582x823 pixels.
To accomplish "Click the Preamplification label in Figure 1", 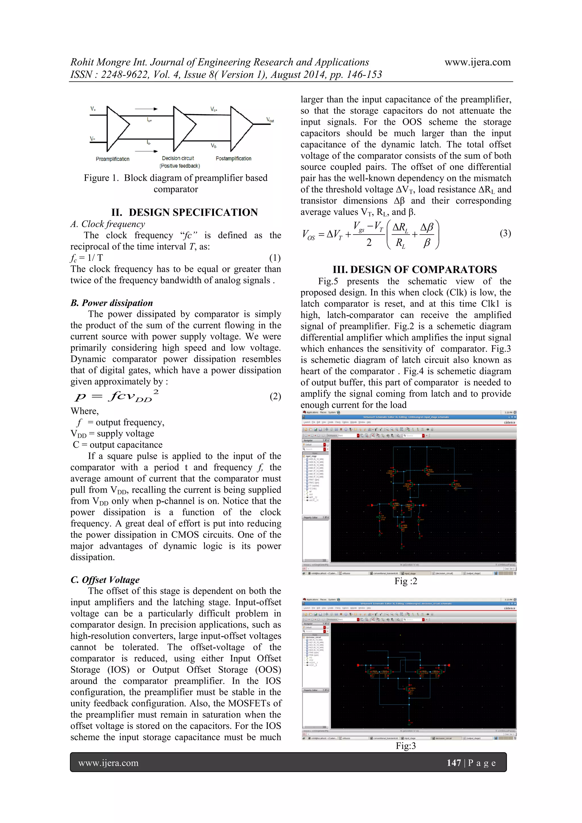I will pos(113,159).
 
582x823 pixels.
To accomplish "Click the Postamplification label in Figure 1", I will pos(233,158).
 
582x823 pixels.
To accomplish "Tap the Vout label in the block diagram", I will pos(270,120).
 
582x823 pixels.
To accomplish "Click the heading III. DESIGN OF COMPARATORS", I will pos(415,270).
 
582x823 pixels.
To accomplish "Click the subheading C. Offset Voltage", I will pos(105,580).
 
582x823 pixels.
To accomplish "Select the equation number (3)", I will pos(505,233).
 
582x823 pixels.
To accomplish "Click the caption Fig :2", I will pos(406,581).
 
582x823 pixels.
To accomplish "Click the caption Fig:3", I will pos(406,746).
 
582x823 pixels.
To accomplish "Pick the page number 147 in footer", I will pos(453,763).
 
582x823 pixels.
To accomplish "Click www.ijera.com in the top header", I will pos(477,62).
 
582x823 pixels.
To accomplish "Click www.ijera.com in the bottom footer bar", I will pos(108,763).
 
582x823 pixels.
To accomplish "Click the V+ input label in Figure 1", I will pos(93,109).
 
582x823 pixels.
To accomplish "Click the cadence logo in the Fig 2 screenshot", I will pos(509,423).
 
